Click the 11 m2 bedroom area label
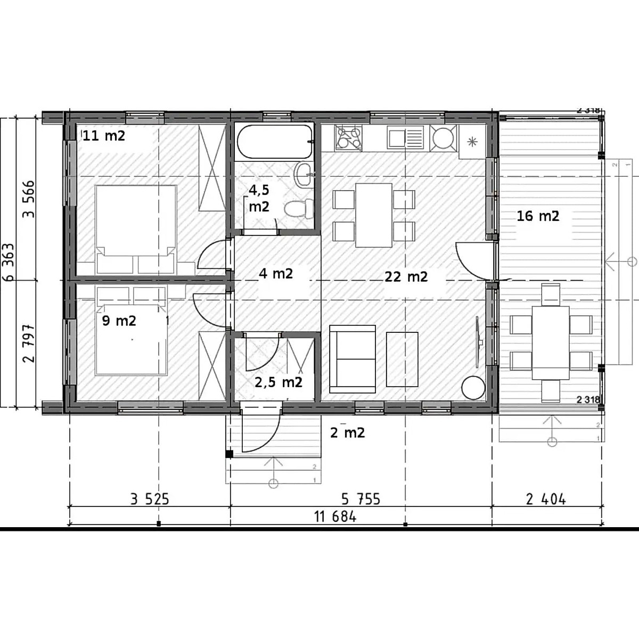click(x=104, y=136)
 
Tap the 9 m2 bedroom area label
click(x=119, y=321)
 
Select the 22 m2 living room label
click(x=406, y=276)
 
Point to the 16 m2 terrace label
click(x=538, y=216)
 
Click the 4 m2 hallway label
click(x=276, y=274)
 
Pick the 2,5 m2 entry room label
click(x=278, y=382)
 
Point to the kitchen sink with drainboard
click(x=405, y=138)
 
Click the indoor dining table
click(x=374, y=215)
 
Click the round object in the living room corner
click(x=473, y=387)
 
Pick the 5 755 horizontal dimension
click(x=361, y=499)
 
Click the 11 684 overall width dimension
click(x=335, y=517)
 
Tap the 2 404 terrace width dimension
click(x=546, y=499)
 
